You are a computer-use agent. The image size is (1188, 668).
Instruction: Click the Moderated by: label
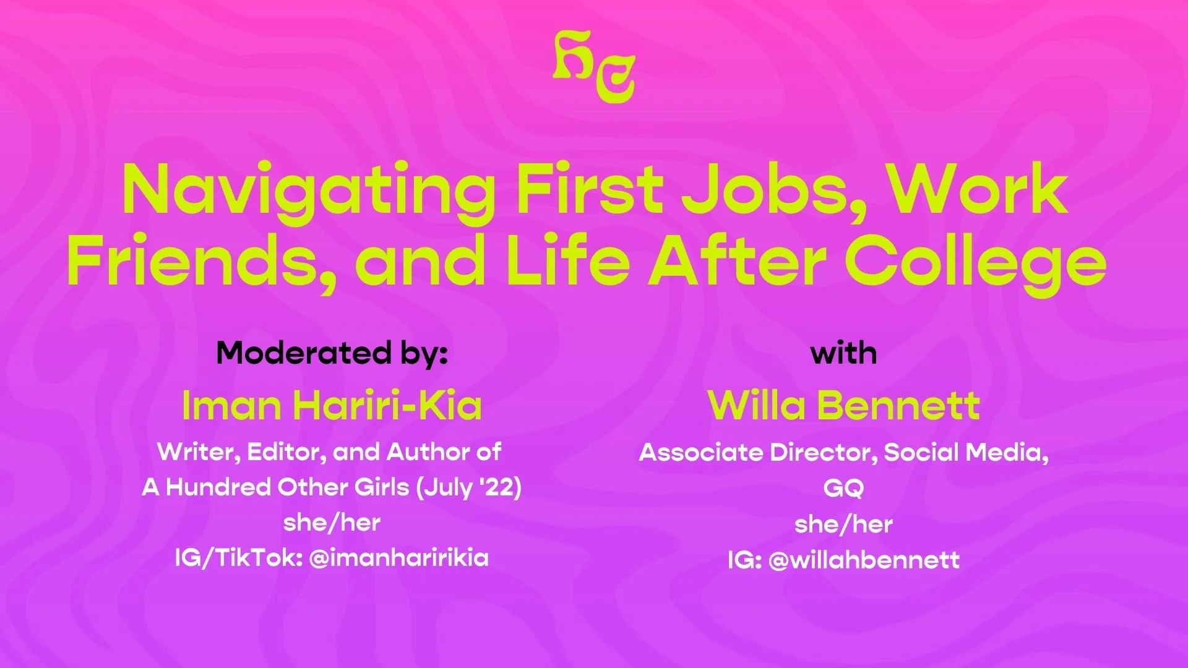[x=332, y=353]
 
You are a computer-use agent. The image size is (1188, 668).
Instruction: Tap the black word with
[x=843, y=353]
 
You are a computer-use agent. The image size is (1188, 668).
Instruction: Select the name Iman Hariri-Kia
[x=332, y=406]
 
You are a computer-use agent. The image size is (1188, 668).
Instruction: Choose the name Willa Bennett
[x=843, y=406]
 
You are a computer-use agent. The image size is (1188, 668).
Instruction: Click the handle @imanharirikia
[x=398, y=558]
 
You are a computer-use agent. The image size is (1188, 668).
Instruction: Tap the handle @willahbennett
[x=864, y=560]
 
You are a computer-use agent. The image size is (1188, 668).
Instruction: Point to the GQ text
[x=843, y=489]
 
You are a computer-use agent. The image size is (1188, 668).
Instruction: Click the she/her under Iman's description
[x=332, y=523]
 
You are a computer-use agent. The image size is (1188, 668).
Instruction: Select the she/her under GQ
[x=843, y=525]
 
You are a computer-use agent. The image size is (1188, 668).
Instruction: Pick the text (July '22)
[x=469, y=487]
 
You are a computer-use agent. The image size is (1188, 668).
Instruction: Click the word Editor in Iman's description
[x=286, y=452]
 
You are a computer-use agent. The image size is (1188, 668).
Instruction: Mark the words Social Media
[x=965, y=453]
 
